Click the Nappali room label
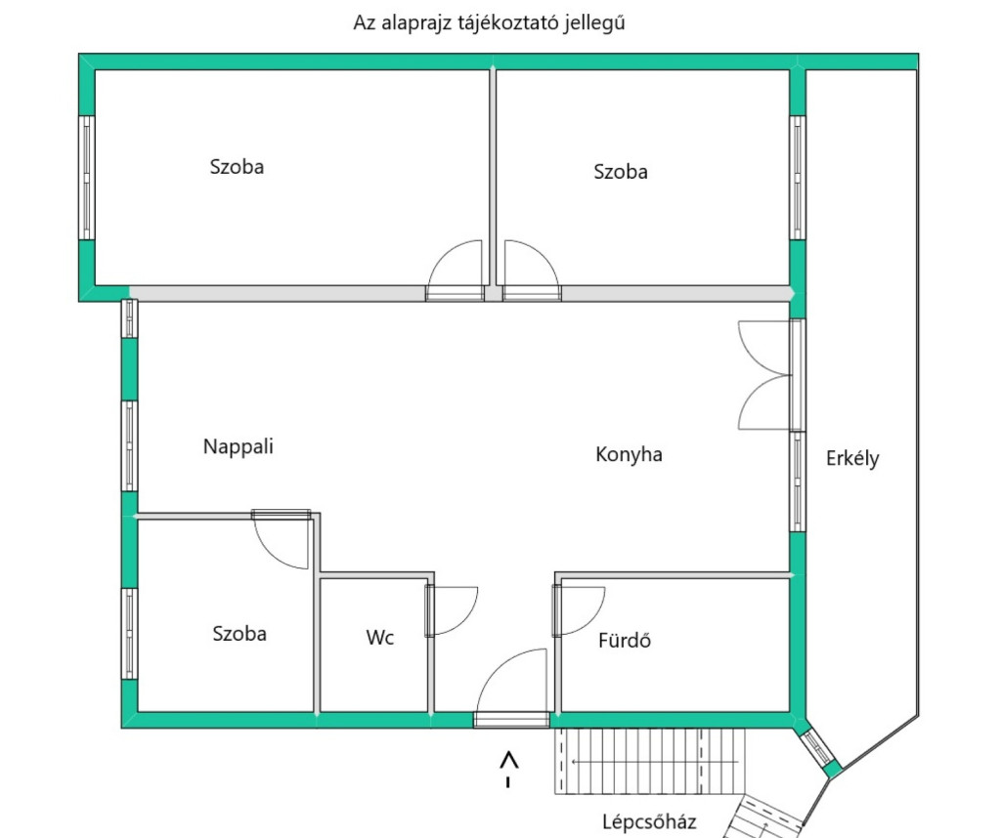point(239,446)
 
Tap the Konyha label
point(629,454)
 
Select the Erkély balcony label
point(852,458)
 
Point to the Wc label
point(380,637)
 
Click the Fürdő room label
point(625,640)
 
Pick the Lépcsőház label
point(649,821)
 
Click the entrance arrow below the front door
point(508,769)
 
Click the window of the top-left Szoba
point(87,178)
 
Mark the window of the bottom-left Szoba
point(130,633)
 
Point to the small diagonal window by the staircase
point(818,747)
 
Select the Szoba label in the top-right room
point(621,172)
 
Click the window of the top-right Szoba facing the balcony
point(798,178)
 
